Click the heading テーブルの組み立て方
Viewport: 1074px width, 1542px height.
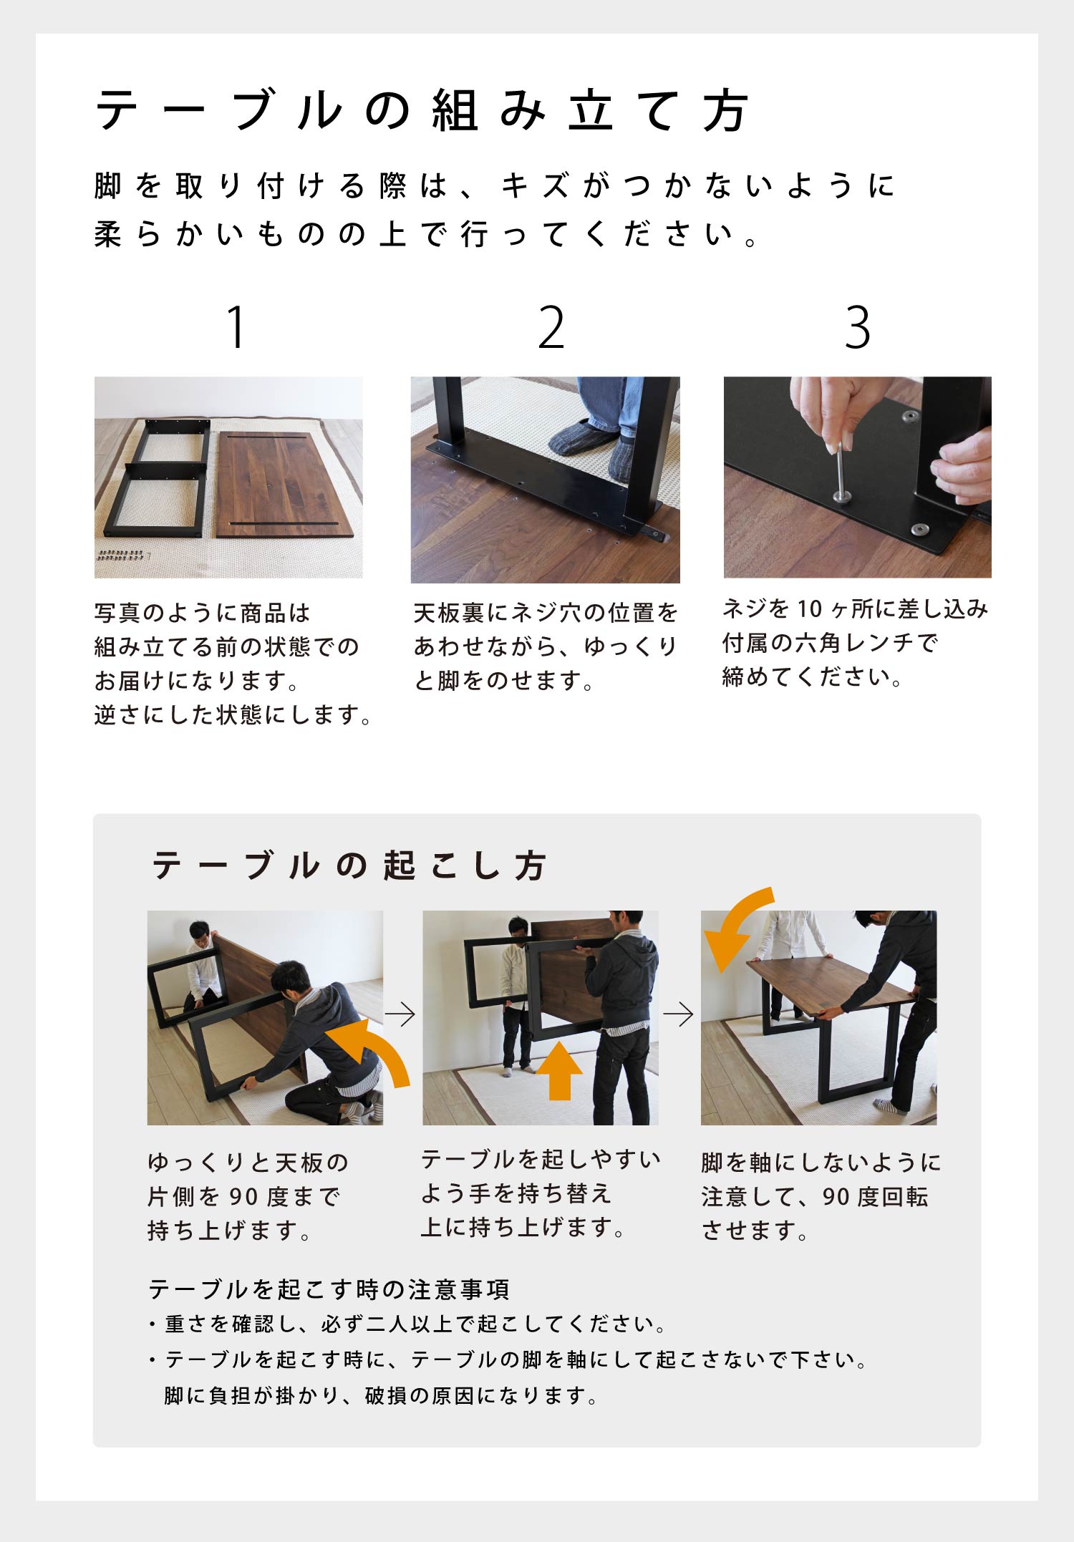422,111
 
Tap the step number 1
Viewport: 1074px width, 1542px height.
236,327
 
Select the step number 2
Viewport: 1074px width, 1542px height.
551,327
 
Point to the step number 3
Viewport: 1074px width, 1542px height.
857,327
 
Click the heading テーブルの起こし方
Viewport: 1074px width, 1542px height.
349,865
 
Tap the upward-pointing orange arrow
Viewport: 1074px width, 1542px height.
559,1070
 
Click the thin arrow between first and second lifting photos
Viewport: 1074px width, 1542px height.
400,1014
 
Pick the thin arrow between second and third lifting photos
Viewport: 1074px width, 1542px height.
678,1014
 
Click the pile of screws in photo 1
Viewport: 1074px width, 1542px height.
122,555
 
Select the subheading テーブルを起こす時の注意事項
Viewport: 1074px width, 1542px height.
329,1289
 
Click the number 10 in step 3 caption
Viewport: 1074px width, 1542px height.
809,609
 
